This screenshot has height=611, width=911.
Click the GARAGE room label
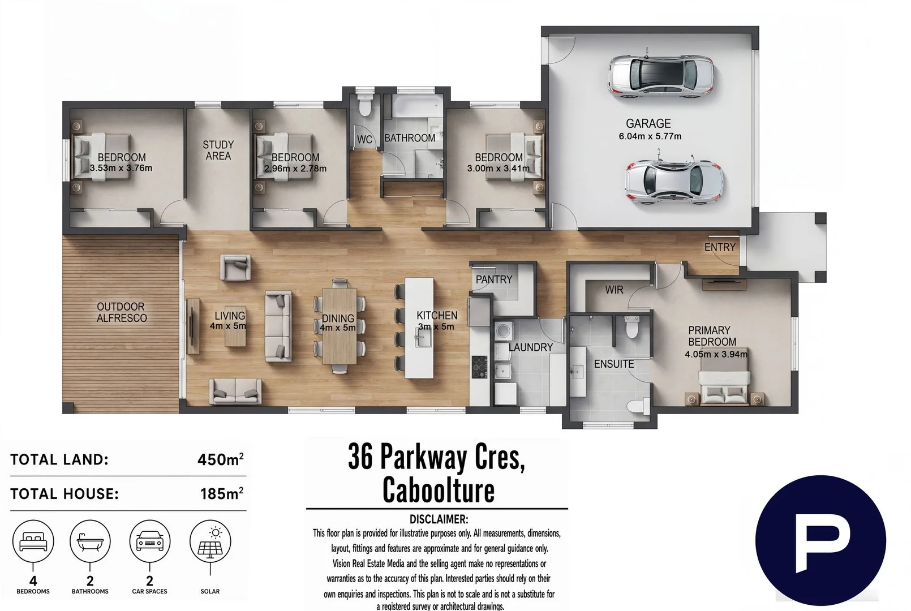click(648, 123)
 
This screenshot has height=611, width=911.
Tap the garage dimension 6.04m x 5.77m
click(650, 136)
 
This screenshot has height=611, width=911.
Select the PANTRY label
click(494, 279)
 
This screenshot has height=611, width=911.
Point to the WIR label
click(614, 290)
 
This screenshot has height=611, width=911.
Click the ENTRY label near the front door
click(720, 247)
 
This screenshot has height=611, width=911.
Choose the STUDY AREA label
click(218, 150)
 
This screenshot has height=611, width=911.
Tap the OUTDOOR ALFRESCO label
click(122, 312)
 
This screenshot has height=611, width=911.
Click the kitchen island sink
click(423, 337)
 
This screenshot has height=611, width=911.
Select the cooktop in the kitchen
click(479, 367)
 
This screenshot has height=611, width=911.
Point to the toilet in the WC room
click(365, 106)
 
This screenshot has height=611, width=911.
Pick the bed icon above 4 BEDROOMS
click(33, 541)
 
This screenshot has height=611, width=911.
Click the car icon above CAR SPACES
click(149, 541)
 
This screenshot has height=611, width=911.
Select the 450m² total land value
click(221, 459)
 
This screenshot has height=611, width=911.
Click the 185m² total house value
click(222, 493)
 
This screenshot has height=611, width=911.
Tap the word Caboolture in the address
click(439, 490)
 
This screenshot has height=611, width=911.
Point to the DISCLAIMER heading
click(439, 519)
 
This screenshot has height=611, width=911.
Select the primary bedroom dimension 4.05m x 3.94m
click(716, 354)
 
